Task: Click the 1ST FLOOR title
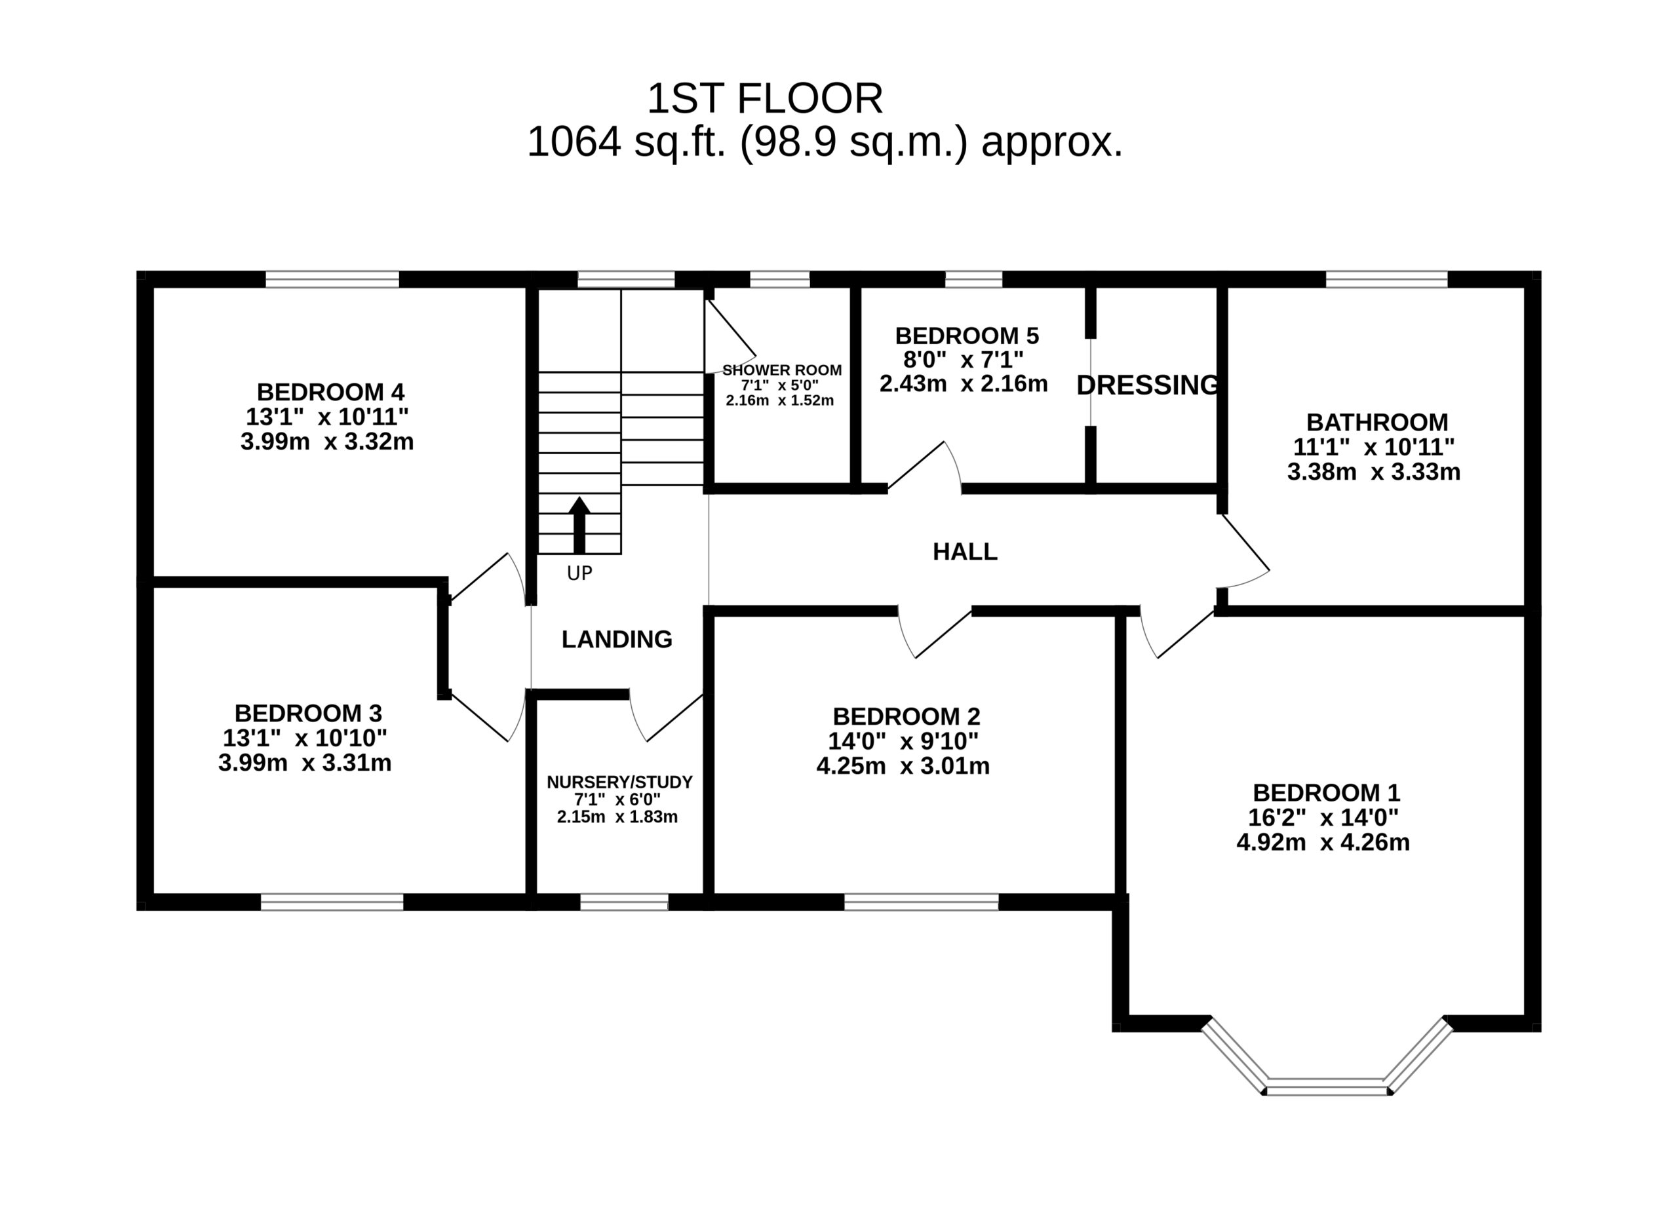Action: (764, 98)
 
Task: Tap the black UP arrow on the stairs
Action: (579, 525)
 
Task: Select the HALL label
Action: (965, 552)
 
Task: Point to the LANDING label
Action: (617, 639)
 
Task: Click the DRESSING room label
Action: (1148, 385)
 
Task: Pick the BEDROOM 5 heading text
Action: (967, 335)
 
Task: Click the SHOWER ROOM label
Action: (781, 370)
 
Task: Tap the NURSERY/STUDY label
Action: (619, 782)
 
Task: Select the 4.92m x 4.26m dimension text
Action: (1323, 843)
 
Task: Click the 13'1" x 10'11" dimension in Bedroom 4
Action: (326, 416)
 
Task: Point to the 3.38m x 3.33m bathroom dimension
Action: (1374, 472)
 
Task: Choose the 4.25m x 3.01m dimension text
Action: (903, 766)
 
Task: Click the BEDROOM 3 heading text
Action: (308, 713)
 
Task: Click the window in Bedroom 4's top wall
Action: (332, 280)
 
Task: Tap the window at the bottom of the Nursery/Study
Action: (624, 902)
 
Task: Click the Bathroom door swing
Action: (1244, 552)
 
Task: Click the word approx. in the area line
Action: (1052, 142)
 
